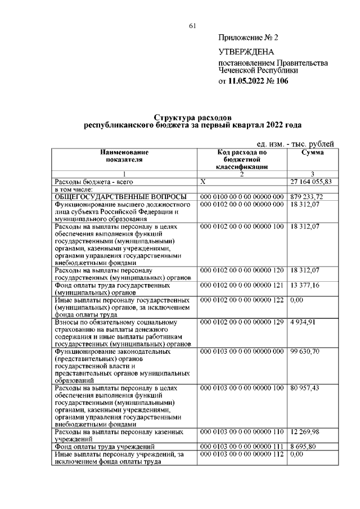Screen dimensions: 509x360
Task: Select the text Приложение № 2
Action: click(248, 38)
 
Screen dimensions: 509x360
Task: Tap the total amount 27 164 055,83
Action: click(311, 182)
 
